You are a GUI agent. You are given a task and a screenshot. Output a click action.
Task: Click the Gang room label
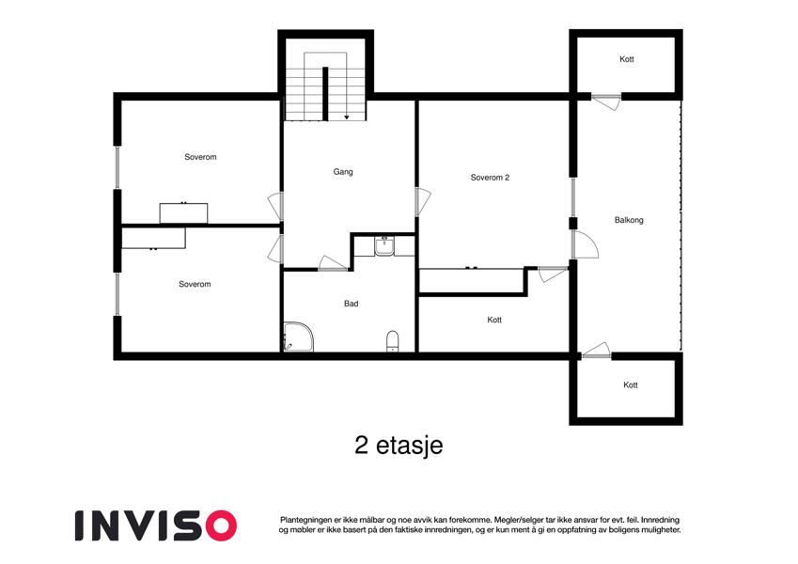[343, 172]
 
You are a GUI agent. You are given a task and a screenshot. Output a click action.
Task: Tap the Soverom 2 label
[490, 178]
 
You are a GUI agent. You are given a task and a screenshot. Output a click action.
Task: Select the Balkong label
[629, 220]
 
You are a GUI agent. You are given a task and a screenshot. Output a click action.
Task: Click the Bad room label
[352, 304]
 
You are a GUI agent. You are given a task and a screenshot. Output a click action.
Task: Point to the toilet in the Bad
[393, 341]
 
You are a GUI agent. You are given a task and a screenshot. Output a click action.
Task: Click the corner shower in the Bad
[298, 337]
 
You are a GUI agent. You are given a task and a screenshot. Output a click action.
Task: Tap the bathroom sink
[383, 246]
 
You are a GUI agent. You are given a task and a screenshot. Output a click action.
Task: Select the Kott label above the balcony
[627, 59]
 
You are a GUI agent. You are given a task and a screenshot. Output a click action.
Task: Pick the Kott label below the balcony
[630, 385]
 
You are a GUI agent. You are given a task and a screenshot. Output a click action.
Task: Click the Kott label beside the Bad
[494, 321]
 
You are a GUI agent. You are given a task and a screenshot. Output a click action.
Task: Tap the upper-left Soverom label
[200, 157]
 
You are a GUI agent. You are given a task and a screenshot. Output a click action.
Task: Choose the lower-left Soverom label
[195, 284]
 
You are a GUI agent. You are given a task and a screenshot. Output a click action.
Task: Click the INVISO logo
[156, 525]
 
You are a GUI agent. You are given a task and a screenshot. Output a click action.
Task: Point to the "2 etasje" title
[399, 446]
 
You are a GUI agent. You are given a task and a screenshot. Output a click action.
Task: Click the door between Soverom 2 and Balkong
[586, 244]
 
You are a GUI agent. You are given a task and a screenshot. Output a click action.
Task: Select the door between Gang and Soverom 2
[423, 201]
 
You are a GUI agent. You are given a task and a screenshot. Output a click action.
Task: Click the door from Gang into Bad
[333, 263]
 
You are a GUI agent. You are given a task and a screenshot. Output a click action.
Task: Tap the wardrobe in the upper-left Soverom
[183, 213]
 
